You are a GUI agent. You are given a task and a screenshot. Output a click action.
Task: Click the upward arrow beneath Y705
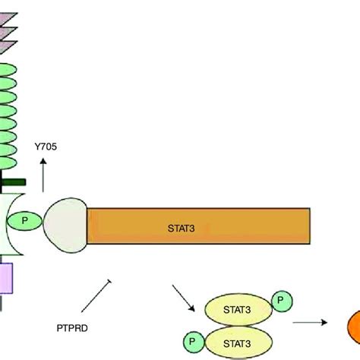[x=43, y=176]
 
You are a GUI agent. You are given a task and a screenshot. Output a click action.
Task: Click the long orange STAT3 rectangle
[x=197, y=226]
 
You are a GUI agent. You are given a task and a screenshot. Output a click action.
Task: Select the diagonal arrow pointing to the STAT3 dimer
[x=182, y=295]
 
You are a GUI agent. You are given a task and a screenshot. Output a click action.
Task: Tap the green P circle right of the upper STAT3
[x=281, y=301]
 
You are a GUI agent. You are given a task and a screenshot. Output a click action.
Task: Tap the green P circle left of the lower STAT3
[x=193, y=341]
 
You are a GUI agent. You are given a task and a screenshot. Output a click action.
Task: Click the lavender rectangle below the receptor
[x=7, y=278]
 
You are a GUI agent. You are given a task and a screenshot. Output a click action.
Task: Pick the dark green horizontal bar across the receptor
[x=13, y=182]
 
